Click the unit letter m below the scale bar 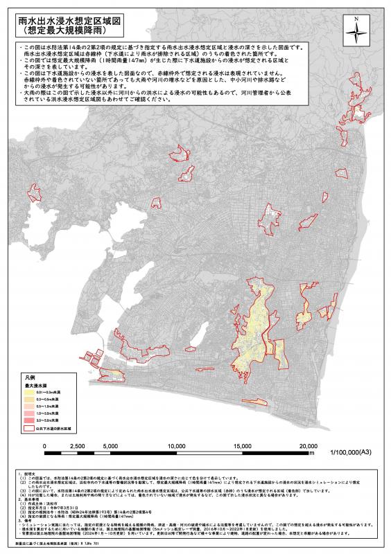tap(313, 454)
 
